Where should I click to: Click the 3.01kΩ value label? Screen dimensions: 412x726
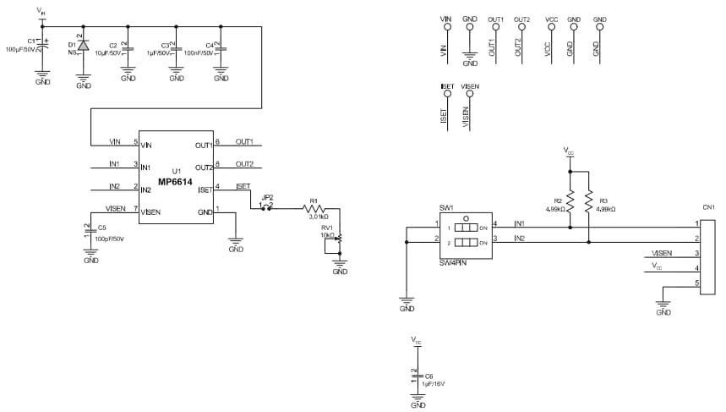(x=313, y=217)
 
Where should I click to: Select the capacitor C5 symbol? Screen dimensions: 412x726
(x=90, y=228)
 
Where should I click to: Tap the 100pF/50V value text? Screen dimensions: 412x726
(x=109, y=239)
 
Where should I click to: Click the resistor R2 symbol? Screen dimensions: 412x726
(x=570, y=202)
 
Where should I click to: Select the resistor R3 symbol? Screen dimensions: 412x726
(x=589, y=202)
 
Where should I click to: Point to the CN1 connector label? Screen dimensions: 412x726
(x=708, y=207)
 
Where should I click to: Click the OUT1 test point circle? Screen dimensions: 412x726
(x=496, y=26)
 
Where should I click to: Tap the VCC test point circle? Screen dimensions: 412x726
(x=551, y=26)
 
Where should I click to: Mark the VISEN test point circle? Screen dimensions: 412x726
(x=470, y=93)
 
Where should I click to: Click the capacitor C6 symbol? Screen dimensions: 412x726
(x=417, y=375)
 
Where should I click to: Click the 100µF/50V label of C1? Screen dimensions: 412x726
(x=20, y=50)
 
